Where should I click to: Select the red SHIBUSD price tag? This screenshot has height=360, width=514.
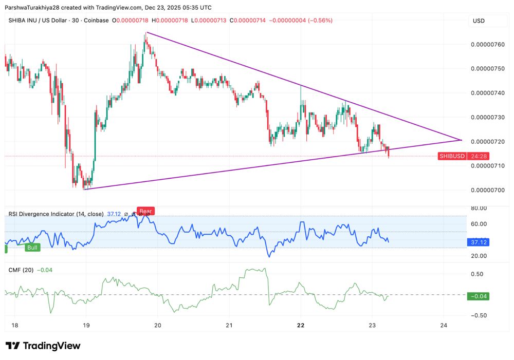coord(452,156)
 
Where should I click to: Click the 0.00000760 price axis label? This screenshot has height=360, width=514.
coord(488,44)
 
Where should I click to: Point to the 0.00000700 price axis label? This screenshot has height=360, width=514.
coord(488,190)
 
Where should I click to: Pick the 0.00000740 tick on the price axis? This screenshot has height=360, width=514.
coord(488,93)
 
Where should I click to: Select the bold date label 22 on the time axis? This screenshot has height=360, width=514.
coord(301,325)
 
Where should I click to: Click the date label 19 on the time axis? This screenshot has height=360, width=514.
coord(86,325)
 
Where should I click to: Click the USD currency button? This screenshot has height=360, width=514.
coord(479,21)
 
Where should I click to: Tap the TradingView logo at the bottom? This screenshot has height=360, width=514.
coord(43,346)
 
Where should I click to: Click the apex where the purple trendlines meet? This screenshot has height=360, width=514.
coord(461,140)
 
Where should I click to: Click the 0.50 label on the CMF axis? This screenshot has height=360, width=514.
coord(478,274)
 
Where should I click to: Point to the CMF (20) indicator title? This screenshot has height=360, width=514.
coord(21,270)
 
